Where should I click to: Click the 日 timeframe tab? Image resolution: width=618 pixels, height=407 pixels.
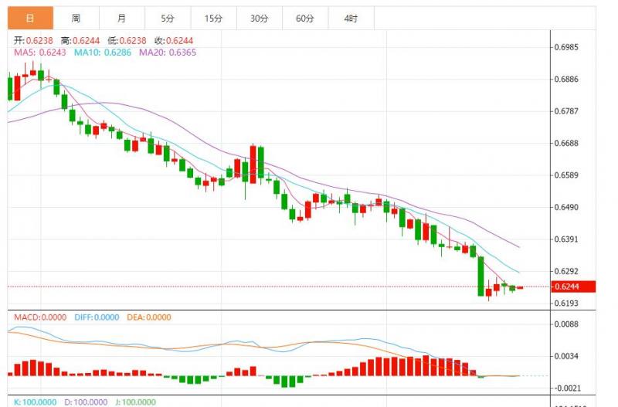(29, 18)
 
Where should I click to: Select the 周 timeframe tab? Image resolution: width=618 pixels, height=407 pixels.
(76, 18)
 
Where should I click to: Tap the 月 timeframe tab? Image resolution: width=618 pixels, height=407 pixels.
(122, 18)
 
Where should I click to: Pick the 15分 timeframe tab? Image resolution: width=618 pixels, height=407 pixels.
(213, 18)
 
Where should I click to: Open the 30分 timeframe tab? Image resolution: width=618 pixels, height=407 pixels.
(260, 18)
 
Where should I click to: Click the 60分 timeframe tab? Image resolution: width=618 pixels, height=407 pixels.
(305, 18)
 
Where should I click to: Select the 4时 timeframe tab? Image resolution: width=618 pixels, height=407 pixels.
(350, 18)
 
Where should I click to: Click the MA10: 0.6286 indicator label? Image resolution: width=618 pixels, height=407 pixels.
(103, 53)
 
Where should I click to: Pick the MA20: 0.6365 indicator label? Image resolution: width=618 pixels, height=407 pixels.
(168, 53)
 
